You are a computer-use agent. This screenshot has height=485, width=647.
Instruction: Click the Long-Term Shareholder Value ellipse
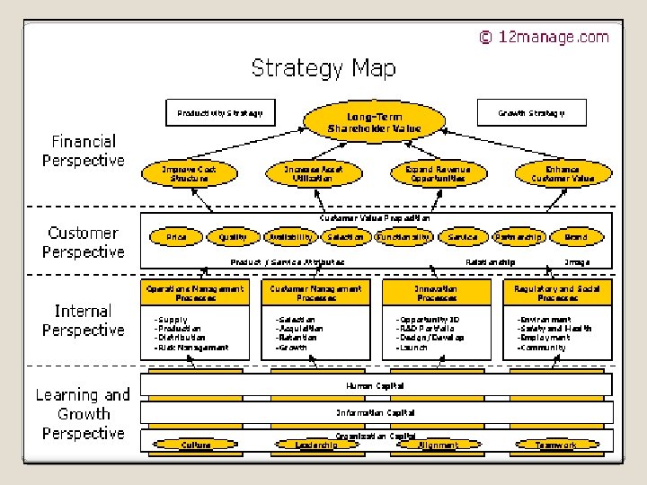pos(374,122)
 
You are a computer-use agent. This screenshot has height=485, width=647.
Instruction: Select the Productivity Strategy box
pos(219,113)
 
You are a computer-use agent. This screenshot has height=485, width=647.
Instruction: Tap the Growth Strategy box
pos(532,113)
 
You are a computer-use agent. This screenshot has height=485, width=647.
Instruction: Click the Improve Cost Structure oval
pos(189,173)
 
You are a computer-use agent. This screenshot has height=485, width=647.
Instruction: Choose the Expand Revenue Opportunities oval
pos(438,173)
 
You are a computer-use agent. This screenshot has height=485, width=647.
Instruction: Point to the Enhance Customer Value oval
pos(563,173)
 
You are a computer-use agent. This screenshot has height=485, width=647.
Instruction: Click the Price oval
pos(177,237)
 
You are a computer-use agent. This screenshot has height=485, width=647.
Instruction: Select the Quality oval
pos(233,237)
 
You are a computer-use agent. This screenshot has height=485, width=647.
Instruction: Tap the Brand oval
pos(576,237)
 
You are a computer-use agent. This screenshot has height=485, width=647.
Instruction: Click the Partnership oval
pos(518,237)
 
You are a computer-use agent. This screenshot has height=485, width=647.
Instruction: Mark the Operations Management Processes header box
pos(195,293)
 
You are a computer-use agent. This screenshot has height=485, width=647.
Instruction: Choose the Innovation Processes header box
pos(436,293)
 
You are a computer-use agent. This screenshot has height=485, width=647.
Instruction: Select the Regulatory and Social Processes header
pos(557,293)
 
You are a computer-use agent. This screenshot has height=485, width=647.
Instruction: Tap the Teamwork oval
pos(556,445)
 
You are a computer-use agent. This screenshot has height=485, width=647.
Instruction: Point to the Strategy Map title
pos(323,68)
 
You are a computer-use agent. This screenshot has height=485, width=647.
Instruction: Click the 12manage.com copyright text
pos(544,37)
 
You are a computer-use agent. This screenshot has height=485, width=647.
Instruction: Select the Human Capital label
pos(375,385)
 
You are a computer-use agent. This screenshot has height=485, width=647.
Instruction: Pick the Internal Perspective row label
pos(84,321)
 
